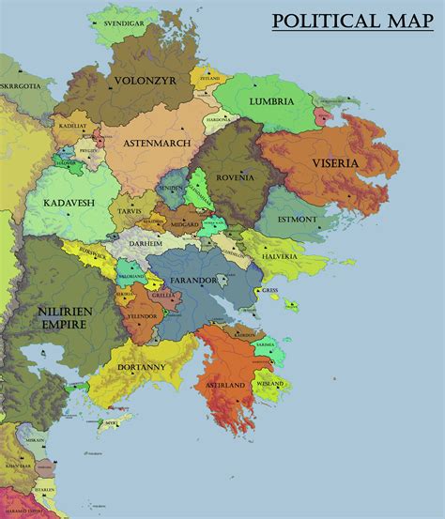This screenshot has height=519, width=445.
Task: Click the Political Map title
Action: [352, 22]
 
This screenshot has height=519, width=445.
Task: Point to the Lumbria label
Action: [271, 100]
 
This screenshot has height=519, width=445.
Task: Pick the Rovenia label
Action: [233, 177]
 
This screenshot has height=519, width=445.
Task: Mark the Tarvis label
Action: [130, 211]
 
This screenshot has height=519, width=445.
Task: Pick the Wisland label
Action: [268, 383]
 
